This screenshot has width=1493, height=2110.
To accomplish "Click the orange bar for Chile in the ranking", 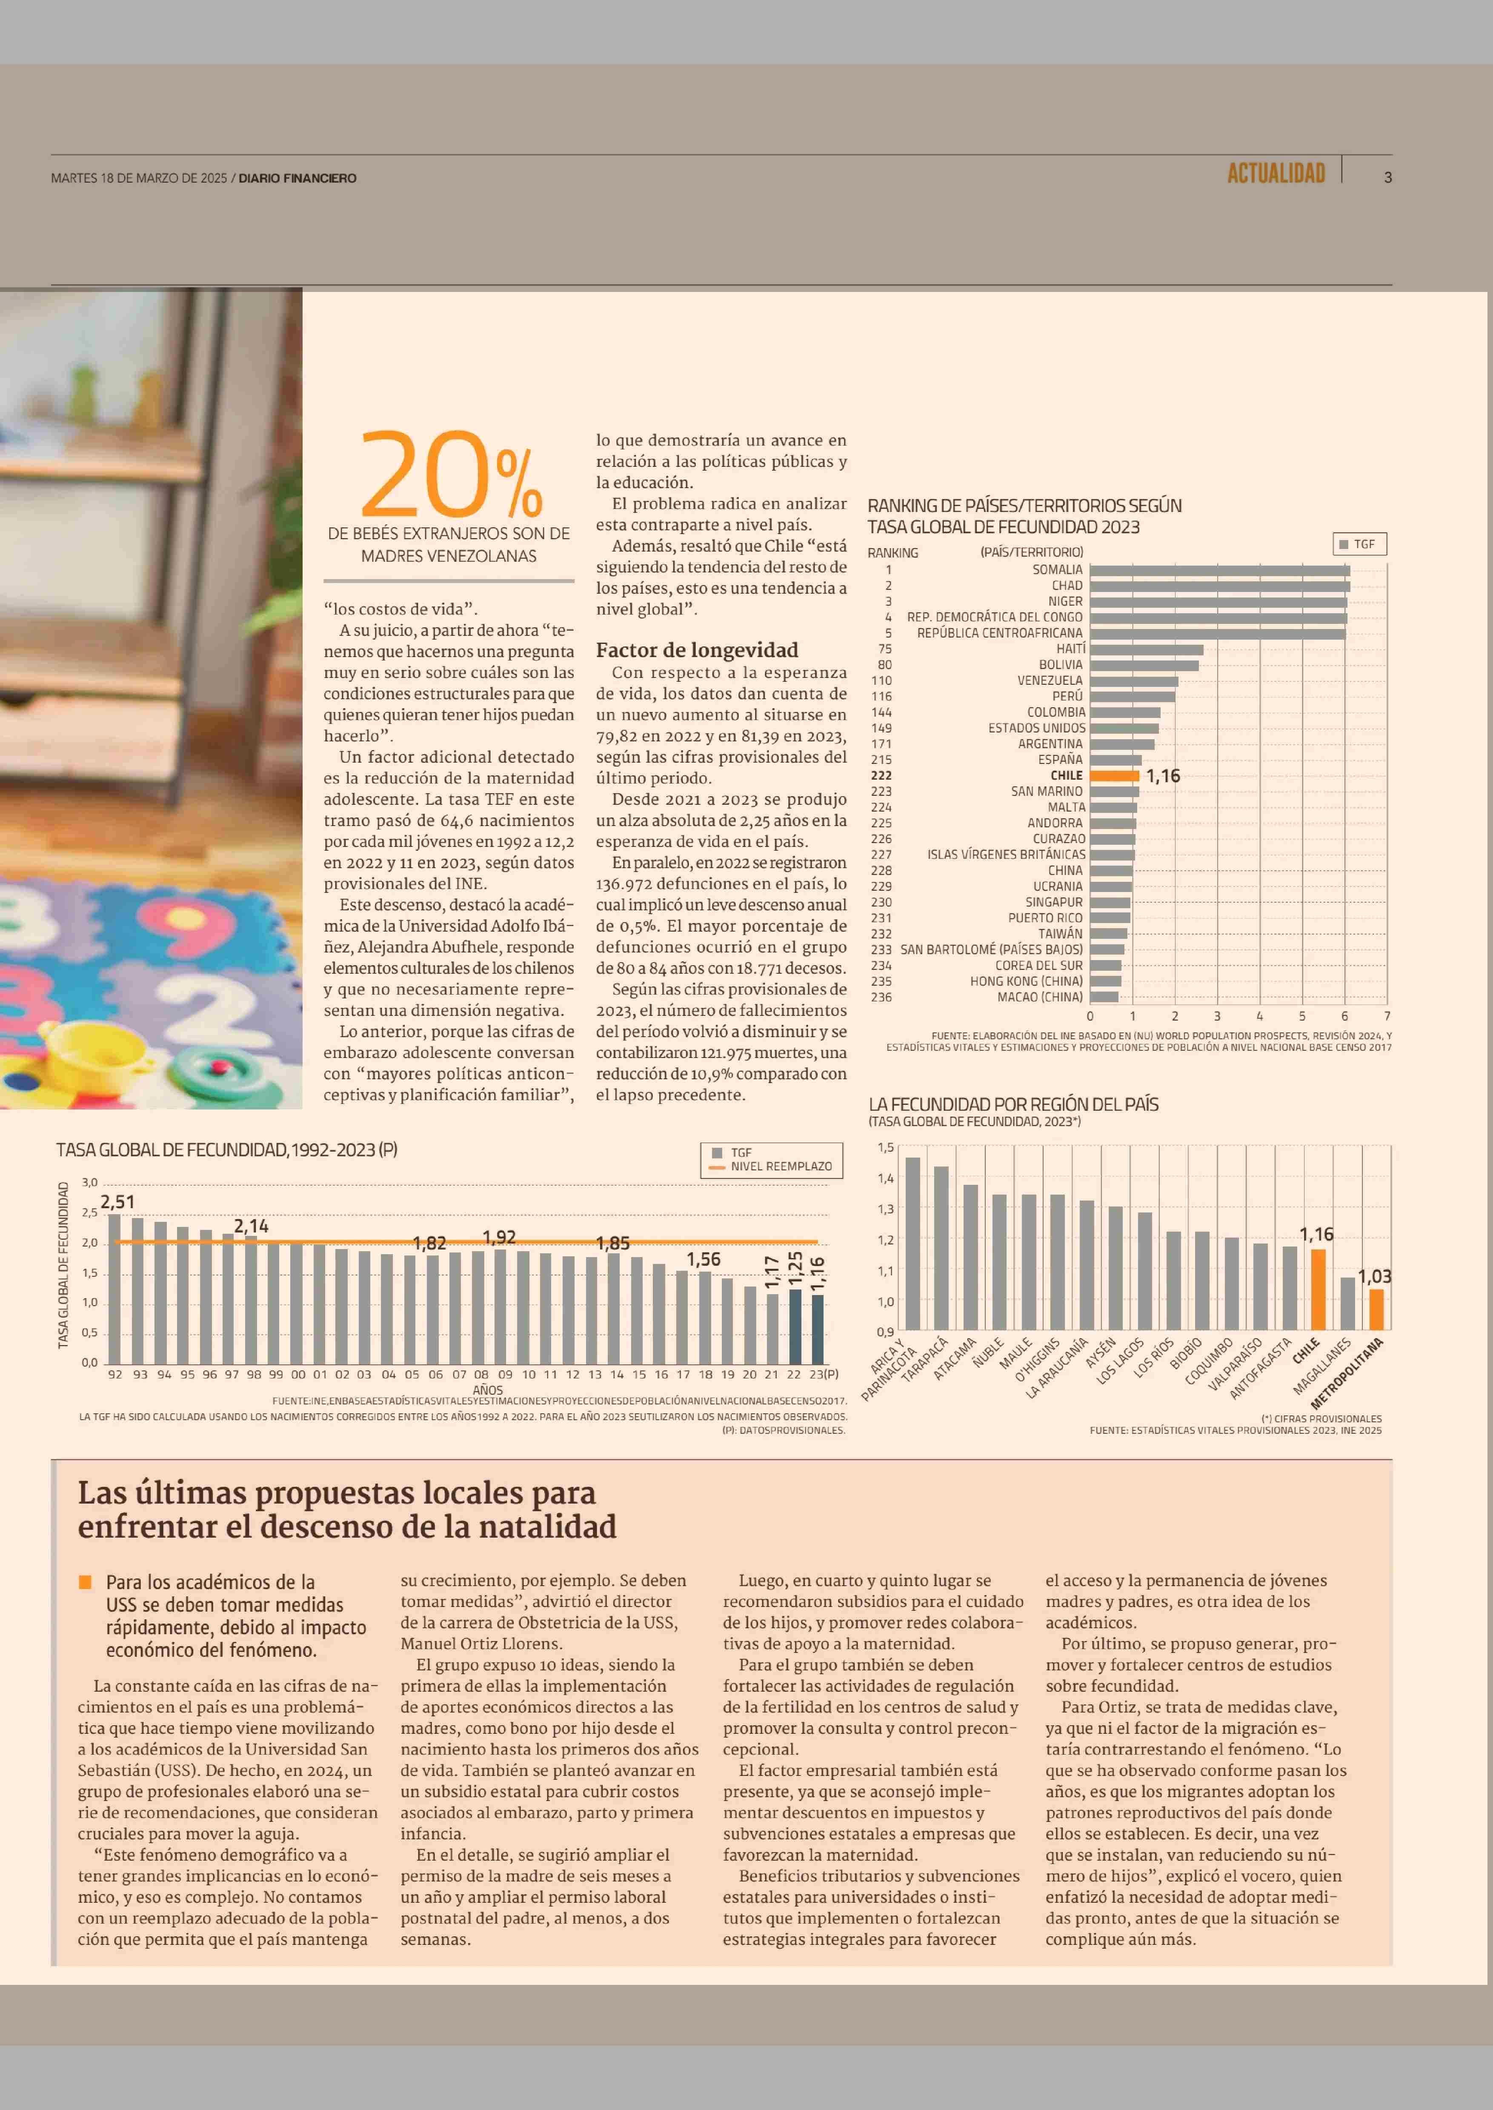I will [1114, 775].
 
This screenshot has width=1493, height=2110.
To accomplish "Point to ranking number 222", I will [881, 775].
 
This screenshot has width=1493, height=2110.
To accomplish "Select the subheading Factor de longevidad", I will [697, 650].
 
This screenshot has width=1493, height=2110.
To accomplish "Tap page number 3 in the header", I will [1387, 177].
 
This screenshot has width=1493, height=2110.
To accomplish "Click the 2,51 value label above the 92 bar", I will [117, 1202].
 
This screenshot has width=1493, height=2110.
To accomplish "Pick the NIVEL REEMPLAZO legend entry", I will [781, 1166].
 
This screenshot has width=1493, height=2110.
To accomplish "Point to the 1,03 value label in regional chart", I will [1374, 1276].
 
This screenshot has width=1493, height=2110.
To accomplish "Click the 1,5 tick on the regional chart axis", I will [885, 1147].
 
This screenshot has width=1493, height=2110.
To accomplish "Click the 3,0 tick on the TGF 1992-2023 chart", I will [89, 1182].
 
